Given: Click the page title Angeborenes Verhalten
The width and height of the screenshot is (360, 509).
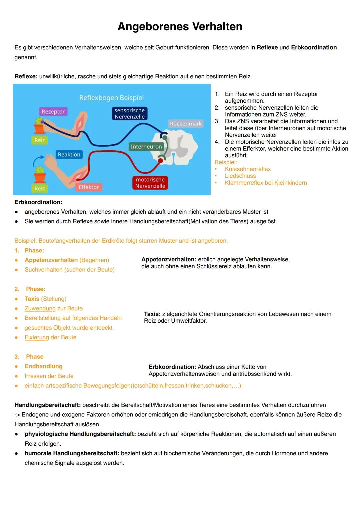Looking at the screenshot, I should (180, 26).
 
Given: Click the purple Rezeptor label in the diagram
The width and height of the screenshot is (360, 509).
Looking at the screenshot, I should (53, 112).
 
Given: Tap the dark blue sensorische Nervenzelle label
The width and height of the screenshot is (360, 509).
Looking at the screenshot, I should (129, 113).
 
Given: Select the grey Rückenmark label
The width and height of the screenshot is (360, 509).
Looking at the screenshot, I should (186, 124).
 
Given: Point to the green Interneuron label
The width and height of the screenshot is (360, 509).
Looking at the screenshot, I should (146, 147).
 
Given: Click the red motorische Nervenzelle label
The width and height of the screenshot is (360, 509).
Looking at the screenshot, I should (150, 183).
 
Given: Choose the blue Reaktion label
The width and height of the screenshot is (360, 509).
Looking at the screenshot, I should (69, 154).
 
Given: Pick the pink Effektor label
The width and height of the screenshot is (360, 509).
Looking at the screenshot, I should (89, 187).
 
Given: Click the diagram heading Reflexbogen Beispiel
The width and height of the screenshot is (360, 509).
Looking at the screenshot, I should (111, 98).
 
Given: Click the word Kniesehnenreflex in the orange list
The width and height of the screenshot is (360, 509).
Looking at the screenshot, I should (248, 169).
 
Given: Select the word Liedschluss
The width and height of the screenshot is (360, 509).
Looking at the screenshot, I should (240, 176).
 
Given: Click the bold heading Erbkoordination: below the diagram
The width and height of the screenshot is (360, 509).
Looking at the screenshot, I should (38, 202).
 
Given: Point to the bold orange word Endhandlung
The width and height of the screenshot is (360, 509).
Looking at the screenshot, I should (43, 366).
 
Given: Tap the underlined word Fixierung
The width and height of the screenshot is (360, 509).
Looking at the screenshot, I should (37, 337).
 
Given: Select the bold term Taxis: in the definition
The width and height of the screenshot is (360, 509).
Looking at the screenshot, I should (152, 314).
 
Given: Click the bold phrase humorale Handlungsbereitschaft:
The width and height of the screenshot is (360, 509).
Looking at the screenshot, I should (72, 453).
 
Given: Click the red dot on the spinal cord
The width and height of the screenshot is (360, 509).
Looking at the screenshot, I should (160, 161).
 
